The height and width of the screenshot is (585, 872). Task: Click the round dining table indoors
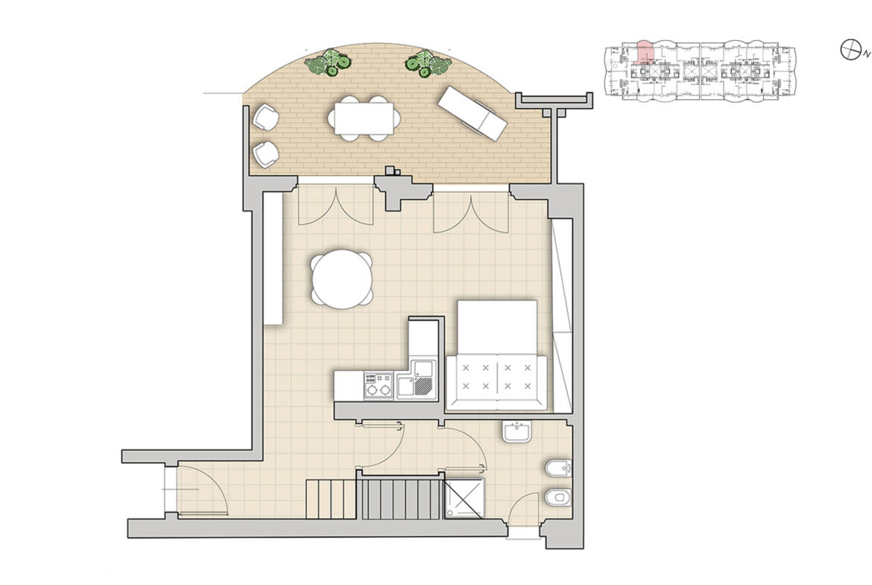pyautogui.click(x=342, y=279)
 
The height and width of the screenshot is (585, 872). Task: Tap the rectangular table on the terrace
pyautogui.click(x=364, y=118)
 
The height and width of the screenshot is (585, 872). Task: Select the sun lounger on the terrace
pyautogui.click(x=473, y=113)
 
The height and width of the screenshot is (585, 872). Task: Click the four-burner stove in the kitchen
pyautogui.click(x=378, y=385)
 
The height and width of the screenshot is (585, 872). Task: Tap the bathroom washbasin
pyautogui.click(x=517, y=432)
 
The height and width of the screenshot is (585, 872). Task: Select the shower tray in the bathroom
pyautogui.click(x=464, y=498)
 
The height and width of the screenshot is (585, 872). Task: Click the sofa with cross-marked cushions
pyautogui.click(x=496, y=383)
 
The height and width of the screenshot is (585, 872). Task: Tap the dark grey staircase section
pyautogui.click(x=401, y=499)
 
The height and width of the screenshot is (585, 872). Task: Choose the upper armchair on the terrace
pyautogui.click(x=265, y=117)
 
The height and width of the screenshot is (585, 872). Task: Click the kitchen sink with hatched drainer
pyautogui.click(x=415, y=379)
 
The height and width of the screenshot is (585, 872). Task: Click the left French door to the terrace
pyautogui.click(x=335, y=205)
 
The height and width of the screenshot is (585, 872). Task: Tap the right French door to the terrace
pyautogui.click(x=471, y=212)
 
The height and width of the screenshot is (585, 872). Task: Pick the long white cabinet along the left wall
pyautogui.click(x=273, y=258)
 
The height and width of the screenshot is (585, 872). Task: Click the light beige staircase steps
pyautogui.click(x=332, y=499)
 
